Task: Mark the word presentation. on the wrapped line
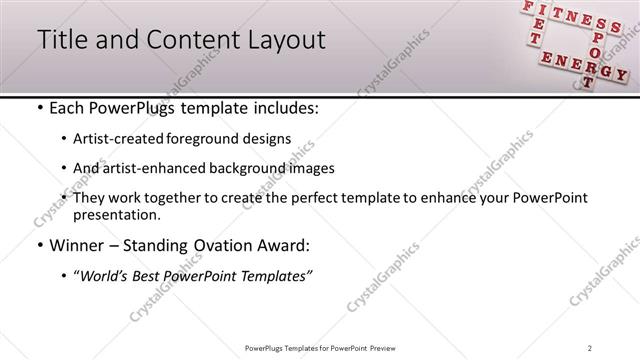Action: pyautogui.click(x=116, y=214)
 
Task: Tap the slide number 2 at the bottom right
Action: pyautogui.click(x=591, y=348)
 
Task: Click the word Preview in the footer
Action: pyautogui.click(x=386, y=348)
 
